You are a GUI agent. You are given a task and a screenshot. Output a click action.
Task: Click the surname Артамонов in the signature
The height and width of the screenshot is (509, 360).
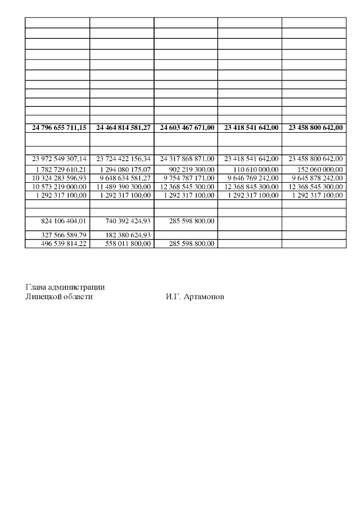pos(204,296)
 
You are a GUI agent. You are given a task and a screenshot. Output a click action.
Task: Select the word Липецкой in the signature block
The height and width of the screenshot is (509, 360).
pos(42,296)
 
